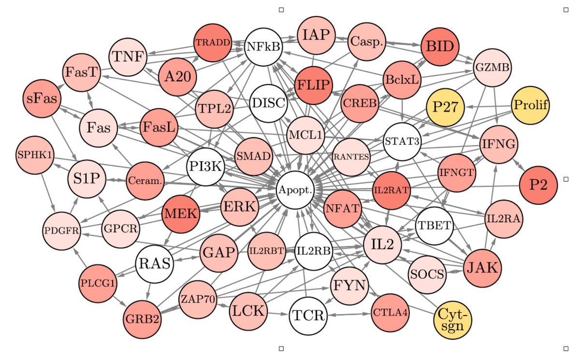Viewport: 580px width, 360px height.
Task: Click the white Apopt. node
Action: coord(296,190)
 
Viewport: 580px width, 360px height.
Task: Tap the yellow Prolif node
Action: coord(531,105)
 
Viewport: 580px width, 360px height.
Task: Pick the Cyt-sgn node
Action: coord(453,318)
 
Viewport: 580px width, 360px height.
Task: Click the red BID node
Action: coord(440,47)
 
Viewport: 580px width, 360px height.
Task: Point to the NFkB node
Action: coord(263,47)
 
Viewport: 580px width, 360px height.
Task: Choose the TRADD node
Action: coord(213,42)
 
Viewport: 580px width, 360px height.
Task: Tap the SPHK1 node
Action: coord(34,156)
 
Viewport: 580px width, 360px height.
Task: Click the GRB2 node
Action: coord(142,320)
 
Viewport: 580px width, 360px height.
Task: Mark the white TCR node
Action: coord(308,317)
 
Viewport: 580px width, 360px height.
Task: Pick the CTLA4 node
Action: coord(391,312)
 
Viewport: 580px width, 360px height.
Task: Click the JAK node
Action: coord(482,267)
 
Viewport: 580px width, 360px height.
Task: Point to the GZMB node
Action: coord(492,68)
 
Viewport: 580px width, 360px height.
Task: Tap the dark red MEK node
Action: coord(180,215)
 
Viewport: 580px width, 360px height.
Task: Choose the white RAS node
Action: coord(155,264)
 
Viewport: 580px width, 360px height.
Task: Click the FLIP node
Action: coord(315,85)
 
